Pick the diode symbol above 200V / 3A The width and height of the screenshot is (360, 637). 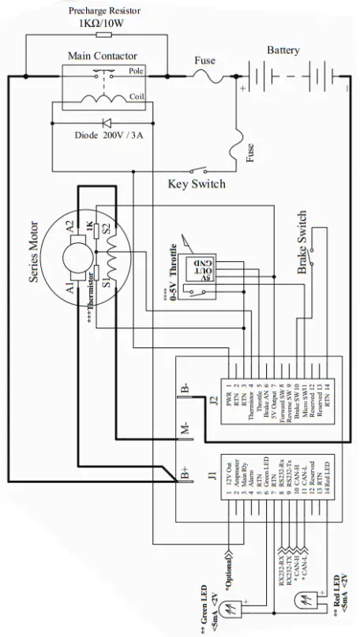103,123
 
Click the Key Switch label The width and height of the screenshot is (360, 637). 197,184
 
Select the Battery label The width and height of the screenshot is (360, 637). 283,50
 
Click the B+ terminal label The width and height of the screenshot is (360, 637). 186,474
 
